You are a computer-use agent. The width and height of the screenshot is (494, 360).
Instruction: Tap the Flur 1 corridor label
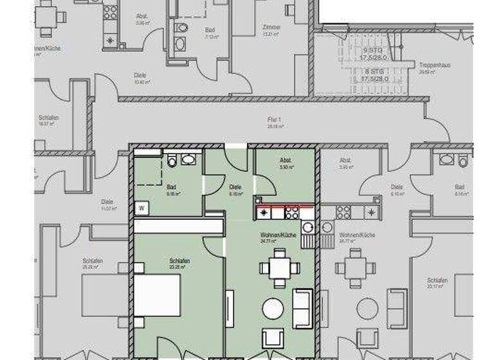tap(276, 119)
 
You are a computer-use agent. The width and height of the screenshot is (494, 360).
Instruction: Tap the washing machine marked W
tap(141, 208)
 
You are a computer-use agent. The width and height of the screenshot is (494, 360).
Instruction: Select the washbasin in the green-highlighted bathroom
tap(188, 159)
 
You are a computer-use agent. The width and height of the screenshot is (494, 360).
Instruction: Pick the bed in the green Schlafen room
tap(157, 294)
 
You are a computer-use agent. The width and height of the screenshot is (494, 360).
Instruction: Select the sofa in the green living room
tap(302, 307)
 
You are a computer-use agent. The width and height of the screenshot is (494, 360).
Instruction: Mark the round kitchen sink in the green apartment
tap(307, 226)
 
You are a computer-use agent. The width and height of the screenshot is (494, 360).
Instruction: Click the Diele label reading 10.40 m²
tap(140, 76)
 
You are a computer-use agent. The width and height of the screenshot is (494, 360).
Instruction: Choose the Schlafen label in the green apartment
tap(179, 261)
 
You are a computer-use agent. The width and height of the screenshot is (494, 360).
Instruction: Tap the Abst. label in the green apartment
tap(286, 161)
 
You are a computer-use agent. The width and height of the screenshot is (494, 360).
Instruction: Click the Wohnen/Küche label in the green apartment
tap(278, 235)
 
